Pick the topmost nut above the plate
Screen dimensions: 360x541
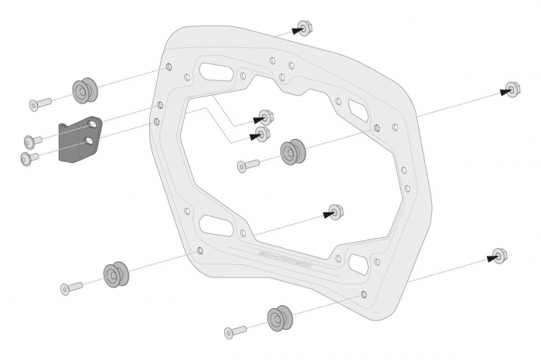pos(305,29)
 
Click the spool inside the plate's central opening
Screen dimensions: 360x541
pos(292,151)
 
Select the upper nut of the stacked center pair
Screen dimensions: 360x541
pos(267,117)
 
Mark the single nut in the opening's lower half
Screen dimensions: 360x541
pos(335,211)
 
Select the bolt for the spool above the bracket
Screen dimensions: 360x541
pos(40,104)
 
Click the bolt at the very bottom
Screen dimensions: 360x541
pos(234,332)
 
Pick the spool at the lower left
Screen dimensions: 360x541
pos(114,273)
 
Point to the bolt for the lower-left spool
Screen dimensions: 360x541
pos(71,287)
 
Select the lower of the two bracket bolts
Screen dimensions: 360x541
pos(29,158)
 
